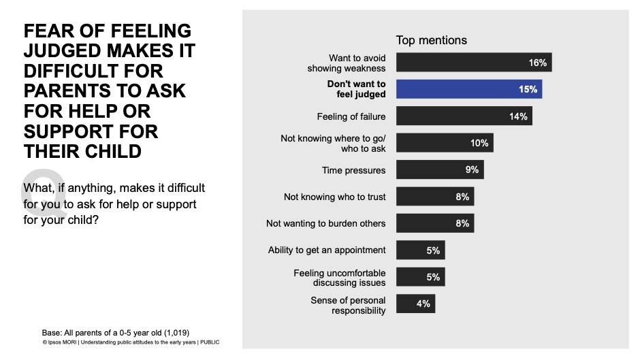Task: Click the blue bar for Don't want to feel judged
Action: (x=468, y=89)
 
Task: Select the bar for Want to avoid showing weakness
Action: (x=473, y=63)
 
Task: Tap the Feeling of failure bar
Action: (x=464, y=116)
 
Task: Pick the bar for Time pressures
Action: (x=439, y=169)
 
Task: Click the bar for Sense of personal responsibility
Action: (x=415, y=304)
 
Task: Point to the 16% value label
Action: (x=537, y=63)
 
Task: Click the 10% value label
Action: (x=479, y=143)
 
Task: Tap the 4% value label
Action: (x=423, y=304)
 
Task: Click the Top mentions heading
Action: (x=432, y=40)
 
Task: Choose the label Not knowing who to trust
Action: (x=334, y=197)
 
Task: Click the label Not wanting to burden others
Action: (x=325, y=223)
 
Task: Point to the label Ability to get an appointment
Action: (x=327, y=250)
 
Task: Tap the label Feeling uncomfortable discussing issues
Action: (x=340, y=278)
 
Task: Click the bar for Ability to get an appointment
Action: (x=419, y=250)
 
